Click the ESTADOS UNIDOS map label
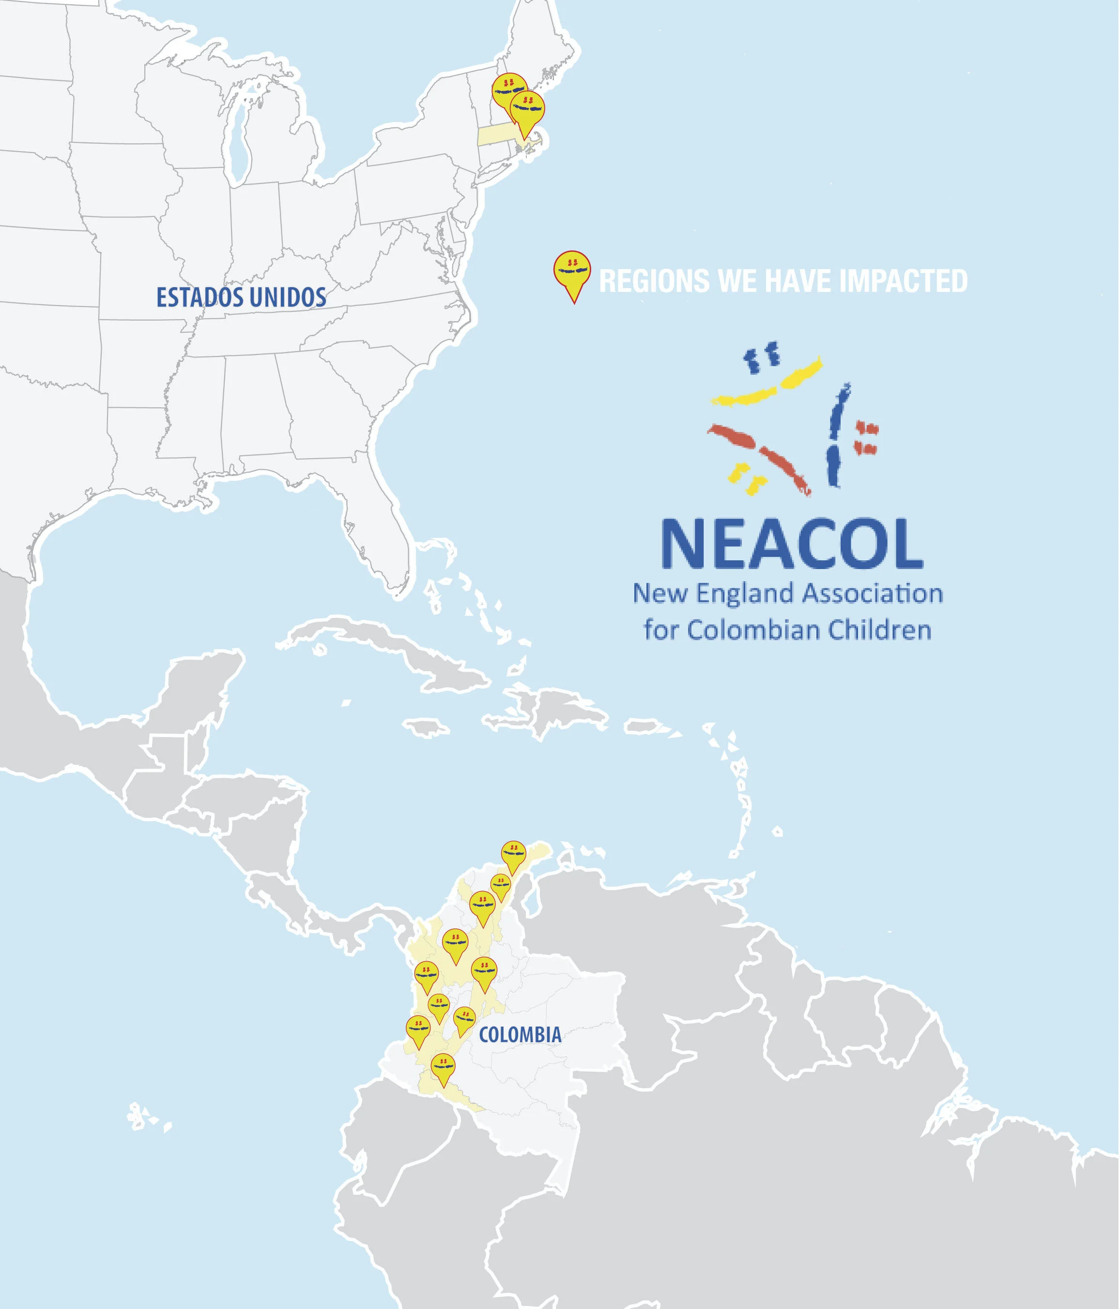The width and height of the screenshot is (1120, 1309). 241,297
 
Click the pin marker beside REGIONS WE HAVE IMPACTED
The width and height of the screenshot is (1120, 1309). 572,272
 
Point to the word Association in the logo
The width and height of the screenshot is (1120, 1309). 873,593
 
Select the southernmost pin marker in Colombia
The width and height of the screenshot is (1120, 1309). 443,1068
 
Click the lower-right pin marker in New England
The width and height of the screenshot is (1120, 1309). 527,108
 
